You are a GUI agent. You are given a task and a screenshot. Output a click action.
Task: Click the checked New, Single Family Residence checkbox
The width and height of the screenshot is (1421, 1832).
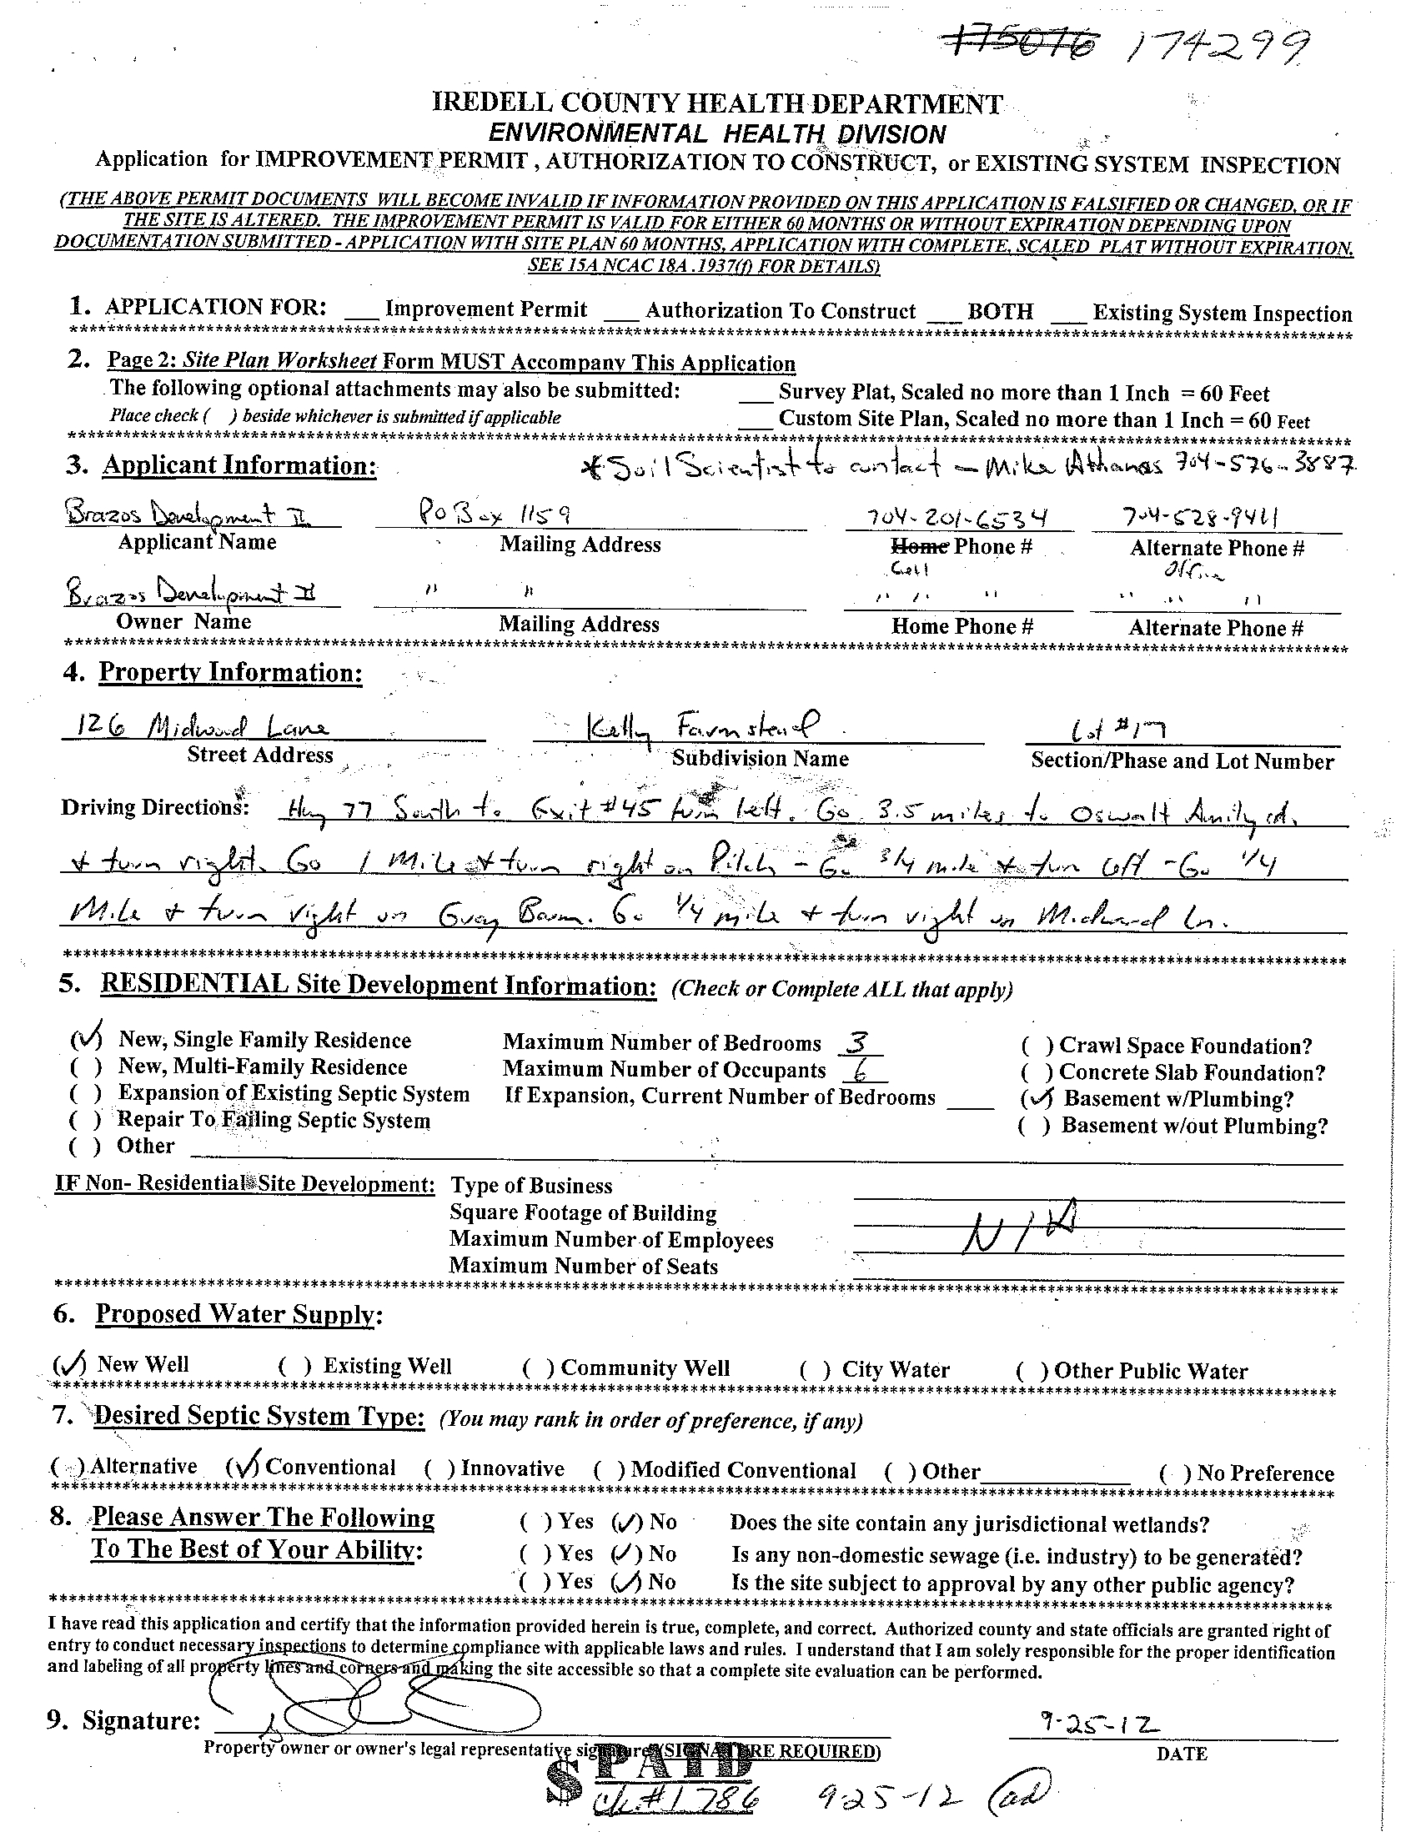pos(87,1039)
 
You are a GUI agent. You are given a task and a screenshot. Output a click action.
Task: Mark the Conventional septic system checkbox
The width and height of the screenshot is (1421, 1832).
pos(244,1466)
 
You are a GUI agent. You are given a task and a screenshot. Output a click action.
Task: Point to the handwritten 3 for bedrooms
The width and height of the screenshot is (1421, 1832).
pos(856,1042)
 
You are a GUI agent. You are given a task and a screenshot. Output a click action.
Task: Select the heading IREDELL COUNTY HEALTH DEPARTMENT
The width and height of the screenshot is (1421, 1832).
pos(716,103)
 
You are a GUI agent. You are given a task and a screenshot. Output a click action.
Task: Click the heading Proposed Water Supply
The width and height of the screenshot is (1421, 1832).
pos(239,1313)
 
